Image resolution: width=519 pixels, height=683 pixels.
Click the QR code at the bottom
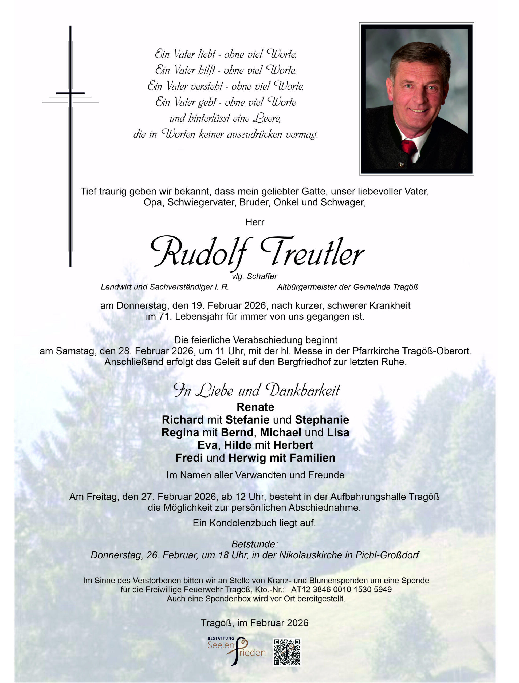tap(287, 652)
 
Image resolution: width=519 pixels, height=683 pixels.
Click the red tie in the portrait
tap(409, 148)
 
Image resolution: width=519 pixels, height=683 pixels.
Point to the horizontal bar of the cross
tap(70, 93)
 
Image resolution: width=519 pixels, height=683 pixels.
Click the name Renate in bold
tap(255, 407)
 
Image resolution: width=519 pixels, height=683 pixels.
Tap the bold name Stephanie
tap(322, 420)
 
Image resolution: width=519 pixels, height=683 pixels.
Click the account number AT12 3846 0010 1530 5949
tap(341, 589)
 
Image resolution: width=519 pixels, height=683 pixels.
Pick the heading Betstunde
tap(254, 544)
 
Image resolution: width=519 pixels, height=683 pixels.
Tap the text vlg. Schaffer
tap(254, 276)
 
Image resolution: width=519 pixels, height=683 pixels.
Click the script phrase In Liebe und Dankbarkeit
tap(256, 391)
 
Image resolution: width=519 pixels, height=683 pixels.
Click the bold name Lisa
tap(338, 432)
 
